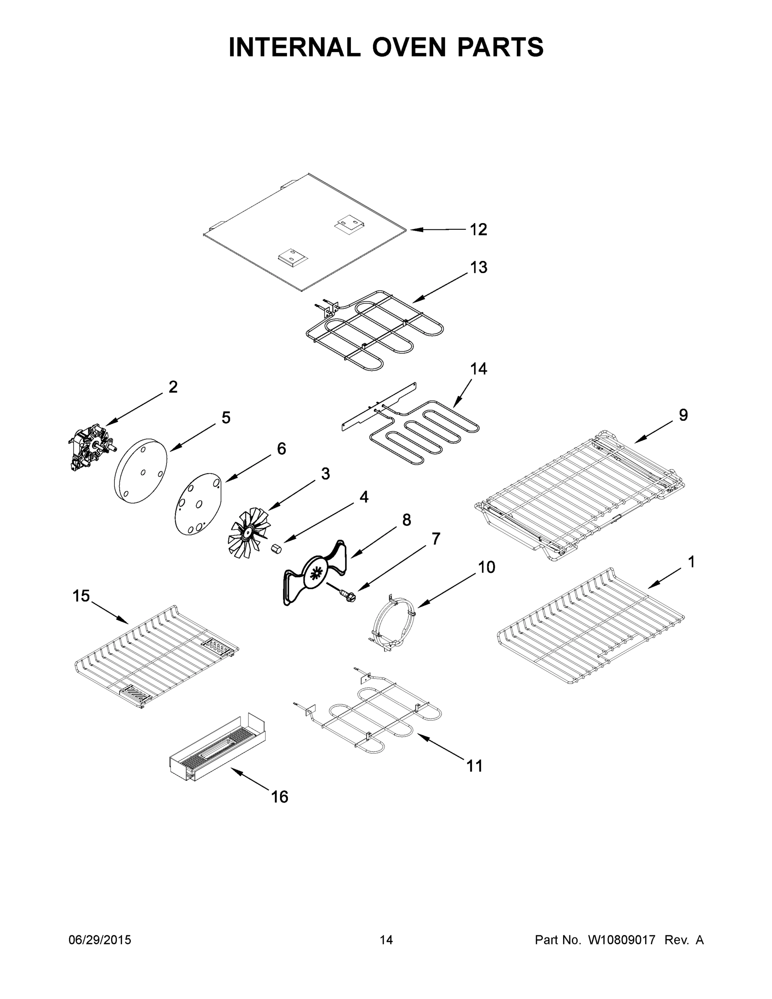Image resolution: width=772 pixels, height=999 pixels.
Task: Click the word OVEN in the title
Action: pos(408,47)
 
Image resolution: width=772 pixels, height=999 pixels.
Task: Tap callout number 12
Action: pos(478,230)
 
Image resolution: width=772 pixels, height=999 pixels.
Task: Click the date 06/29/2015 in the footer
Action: pos(100,940)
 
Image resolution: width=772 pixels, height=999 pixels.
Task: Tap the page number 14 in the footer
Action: pos(386,940)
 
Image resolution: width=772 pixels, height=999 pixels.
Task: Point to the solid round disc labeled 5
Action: pos(140,471)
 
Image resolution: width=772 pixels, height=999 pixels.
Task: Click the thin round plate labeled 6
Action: pos(198,504)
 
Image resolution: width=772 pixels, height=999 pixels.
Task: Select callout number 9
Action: pos(683,415)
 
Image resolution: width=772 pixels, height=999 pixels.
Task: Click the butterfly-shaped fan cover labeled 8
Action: pos(315,573)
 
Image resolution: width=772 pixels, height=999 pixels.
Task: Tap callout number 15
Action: pos(81,596)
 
